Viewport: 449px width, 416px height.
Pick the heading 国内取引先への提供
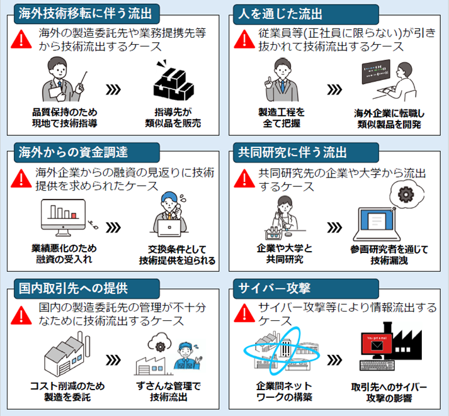click(73, 288)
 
